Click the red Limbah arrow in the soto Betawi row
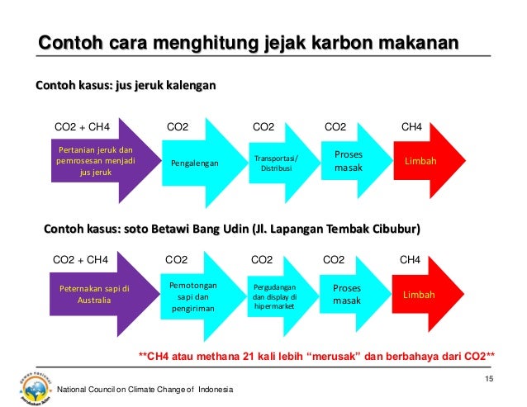[421, 295]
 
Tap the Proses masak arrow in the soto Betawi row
[347, 295]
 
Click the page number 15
[488, 379]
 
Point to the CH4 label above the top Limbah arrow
[411, 127]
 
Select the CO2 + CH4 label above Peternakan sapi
[80, 259]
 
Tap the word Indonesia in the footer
[214, 390]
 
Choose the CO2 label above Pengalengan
[178, 127]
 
